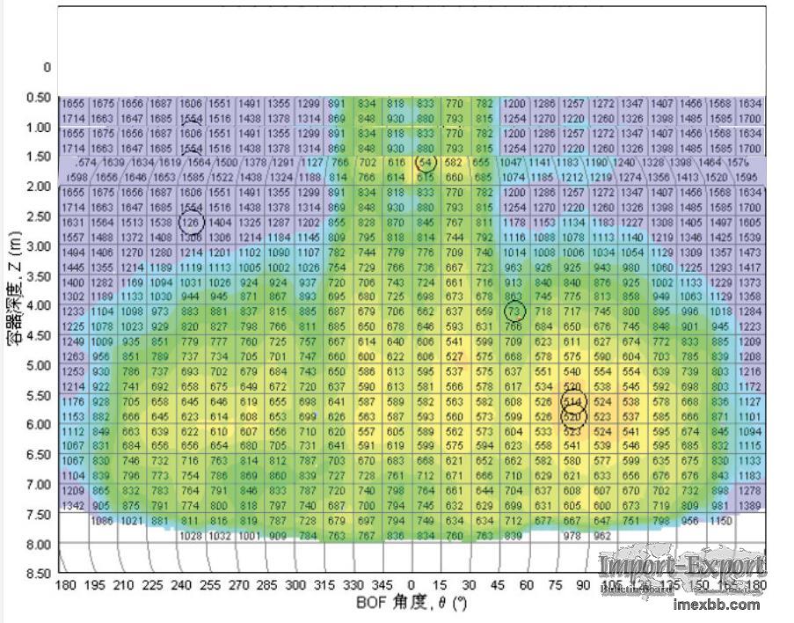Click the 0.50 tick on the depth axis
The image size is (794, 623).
39,97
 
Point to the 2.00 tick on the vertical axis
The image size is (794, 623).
39,187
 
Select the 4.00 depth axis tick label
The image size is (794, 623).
39,305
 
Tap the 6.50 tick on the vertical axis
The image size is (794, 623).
39,454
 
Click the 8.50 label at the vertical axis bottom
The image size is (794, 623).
39,574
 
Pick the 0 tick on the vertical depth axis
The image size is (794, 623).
47,67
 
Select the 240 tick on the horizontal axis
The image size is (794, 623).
181,585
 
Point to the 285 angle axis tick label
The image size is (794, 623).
267,585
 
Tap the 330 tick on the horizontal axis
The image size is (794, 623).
353,585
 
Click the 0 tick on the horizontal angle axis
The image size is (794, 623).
411,585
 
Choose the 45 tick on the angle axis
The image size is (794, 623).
497,585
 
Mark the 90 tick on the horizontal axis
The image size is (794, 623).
583,585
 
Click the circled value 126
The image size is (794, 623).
191,223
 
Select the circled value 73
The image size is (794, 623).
515,311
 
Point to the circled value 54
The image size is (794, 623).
426,164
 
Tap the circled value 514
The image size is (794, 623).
573,401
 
